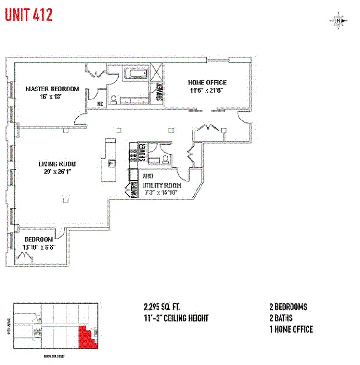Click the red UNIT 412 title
coord(29,15)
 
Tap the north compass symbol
coord(338,20)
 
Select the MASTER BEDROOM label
coord(52,89)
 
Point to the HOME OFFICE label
coord(207,83)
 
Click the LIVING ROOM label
coord(57,164)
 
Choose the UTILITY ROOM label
coord(161,185)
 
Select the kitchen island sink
coord(110,162)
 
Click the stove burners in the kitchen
coord(133,156)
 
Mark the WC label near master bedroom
coord(100,104)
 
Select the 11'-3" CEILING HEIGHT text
coord(176,318)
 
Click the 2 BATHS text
coord(281,318)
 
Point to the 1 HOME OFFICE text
coord(291,329)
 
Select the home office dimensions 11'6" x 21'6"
coord(207,90)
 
